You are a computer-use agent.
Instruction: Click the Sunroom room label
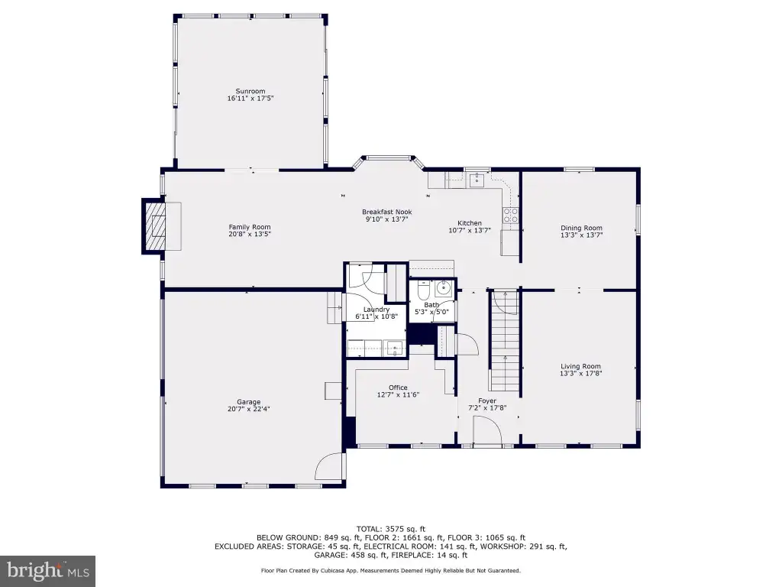coord(250,92)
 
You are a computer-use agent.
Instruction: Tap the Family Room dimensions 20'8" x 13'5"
coord(250,234)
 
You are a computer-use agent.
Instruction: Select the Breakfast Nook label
coord(387,212)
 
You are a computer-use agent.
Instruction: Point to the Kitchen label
coord(470,223)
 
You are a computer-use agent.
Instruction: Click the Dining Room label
coord(581,228)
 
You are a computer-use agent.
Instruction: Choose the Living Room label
coord(580,366)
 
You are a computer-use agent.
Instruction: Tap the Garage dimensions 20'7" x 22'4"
coord(249,409)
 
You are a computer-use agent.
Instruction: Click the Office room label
coord(398,388)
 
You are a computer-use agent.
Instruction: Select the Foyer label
coord(487,401)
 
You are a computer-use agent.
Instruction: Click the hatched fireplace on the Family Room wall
coord(153,226)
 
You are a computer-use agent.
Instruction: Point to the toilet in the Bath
coord(423,290)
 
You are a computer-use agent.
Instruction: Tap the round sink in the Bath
coord(443,287)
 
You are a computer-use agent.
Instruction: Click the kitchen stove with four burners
coord(510,215)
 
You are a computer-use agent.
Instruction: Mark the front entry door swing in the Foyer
coord(487,430)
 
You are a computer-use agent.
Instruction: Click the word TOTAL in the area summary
coord(369,529)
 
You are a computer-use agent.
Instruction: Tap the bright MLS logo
coord(48,571)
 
